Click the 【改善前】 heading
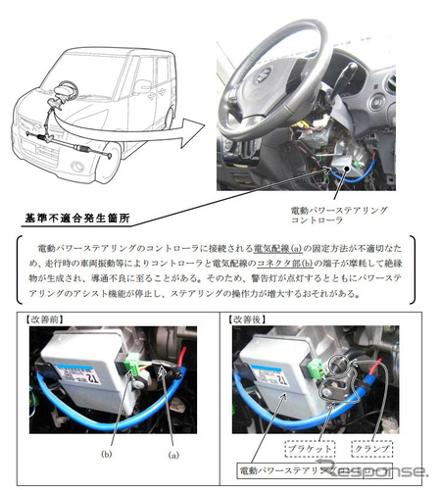48,318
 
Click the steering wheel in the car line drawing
48,92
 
